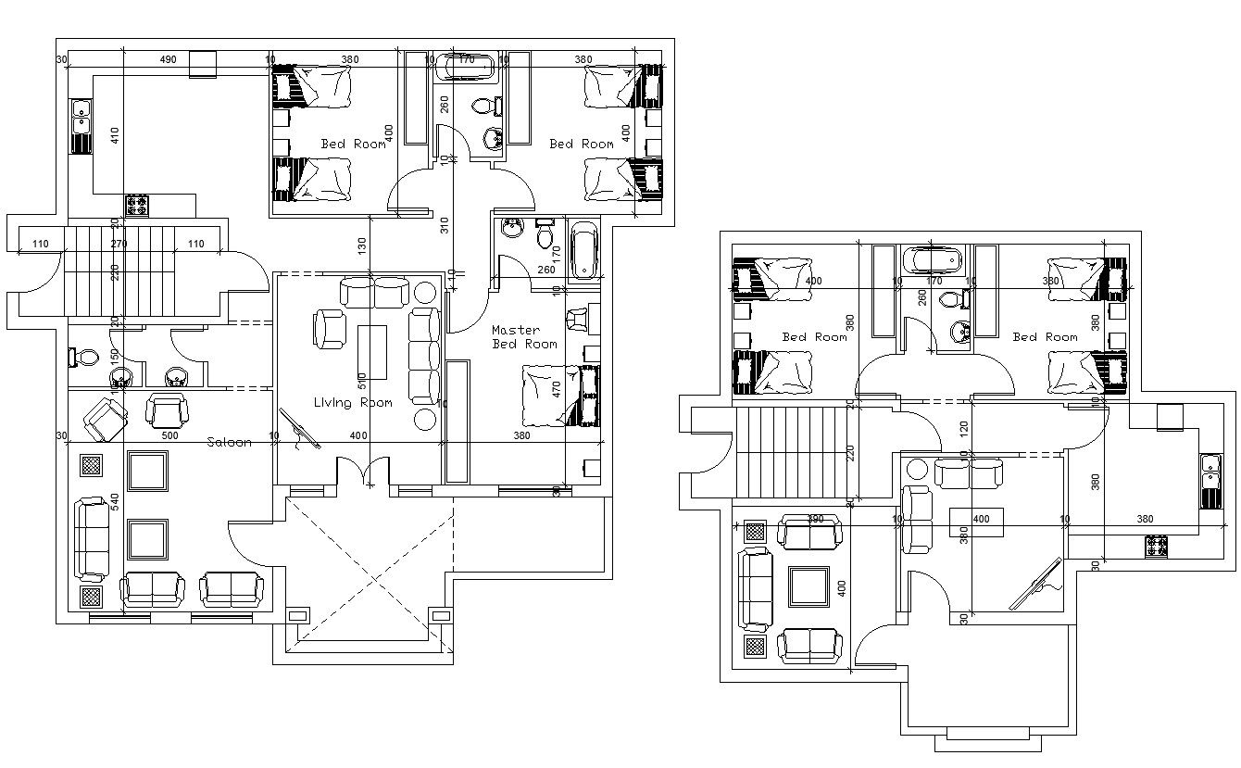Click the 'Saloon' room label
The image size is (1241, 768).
(229, 442)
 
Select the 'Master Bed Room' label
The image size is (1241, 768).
(524, 337)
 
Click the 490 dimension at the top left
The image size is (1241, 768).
(168, 59)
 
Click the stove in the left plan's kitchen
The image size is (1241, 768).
(137, 205)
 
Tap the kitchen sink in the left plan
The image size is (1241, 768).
(81, 124)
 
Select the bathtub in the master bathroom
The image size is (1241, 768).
(583, 250)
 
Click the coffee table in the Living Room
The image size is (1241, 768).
(372, 351)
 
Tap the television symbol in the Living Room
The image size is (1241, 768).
(299, 431)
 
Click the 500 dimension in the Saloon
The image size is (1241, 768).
(169, 435)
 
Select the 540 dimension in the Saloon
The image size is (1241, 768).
(115, 501)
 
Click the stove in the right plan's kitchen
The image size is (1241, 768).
(1156, 547)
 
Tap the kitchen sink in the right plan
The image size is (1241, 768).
(1210, 482)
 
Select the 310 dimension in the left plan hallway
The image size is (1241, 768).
(445, 225)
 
